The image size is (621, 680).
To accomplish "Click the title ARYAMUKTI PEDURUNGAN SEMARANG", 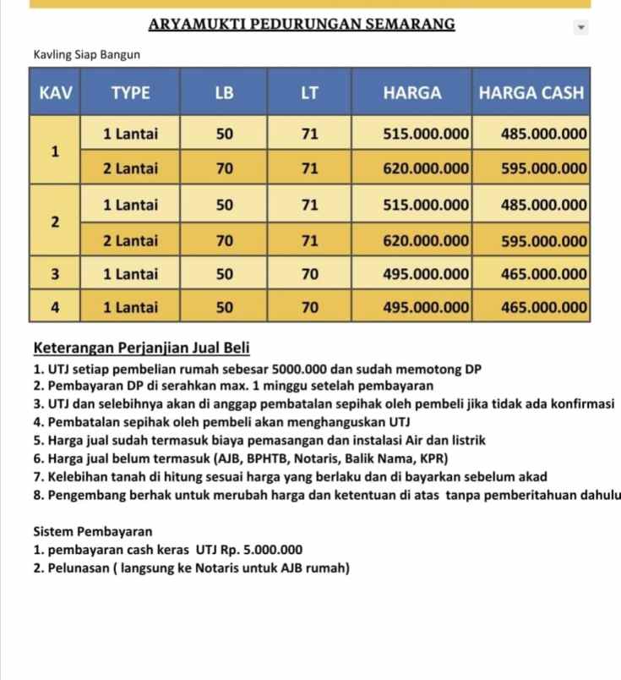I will tap(302, 24).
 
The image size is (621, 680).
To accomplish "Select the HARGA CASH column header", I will tap(531, 94).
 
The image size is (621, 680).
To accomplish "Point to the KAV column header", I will tap(55, 94).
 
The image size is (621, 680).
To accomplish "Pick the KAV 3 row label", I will tap(55, 274).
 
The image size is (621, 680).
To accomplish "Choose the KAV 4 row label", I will tap(55, 308).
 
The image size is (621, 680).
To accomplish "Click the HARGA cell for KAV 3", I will tap(426, 274).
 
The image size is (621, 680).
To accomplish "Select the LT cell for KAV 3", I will tap(310, 274).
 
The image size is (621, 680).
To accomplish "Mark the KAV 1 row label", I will tap(55, 151).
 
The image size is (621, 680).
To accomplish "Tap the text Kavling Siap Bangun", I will tap(84, 55).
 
